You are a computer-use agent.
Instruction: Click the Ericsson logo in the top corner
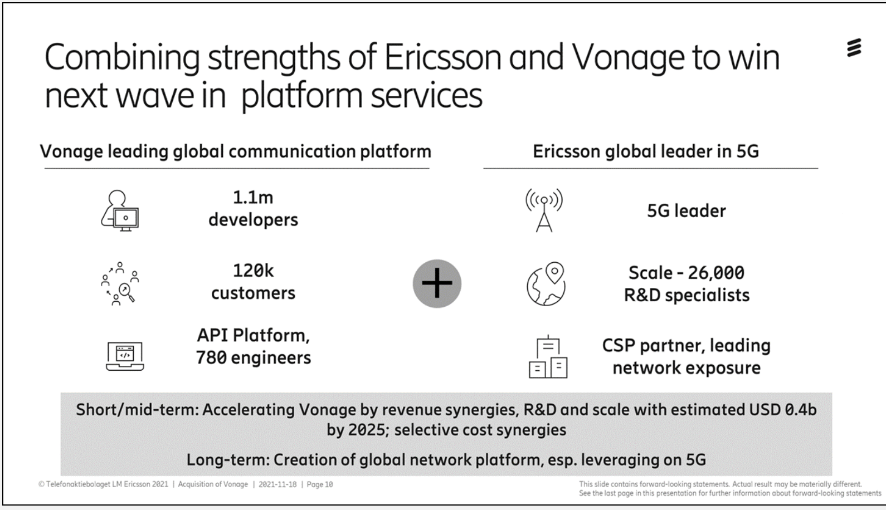(x=854, y=48)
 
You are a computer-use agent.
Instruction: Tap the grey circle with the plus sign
(x=437, y=283)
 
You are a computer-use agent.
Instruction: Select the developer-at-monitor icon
(x=120, y=210)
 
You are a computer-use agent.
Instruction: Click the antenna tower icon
(x=544, y=210)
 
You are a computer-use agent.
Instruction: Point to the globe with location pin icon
(x=546, y=283)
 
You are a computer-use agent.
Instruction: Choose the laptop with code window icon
(x=125, y=356)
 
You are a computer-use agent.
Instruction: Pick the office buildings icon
(x=548, y=356)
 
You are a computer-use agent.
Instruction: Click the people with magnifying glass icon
(x=120, y=283)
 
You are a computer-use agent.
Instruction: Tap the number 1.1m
(x=253, y=197)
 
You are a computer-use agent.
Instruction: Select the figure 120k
(x=253, y=271)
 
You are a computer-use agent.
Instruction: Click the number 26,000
(x=716, y=273)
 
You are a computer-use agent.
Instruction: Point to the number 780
(x=211, y=358)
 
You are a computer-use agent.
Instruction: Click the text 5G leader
(x=687, y=210)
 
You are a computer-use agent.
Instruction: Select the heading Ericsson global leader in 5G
(x=646, y=151)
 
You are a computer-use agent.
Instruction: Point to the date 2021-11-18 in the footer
(x=278, y=484)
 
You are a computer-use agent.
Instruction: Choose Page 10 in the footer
(x=320, y=484)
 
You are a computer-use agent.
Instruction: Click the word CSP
(x=619, y=346)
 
